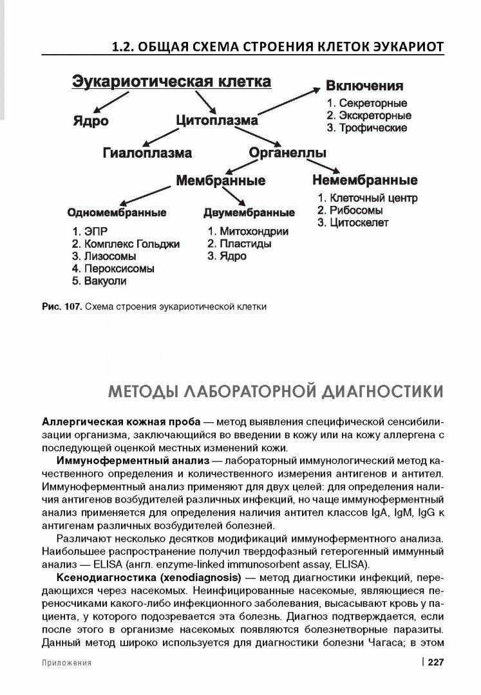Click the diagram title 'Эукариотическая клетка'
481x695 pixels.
click(x=170, y=82)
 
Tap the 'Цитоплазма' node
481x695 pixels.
click(x=217, y=121)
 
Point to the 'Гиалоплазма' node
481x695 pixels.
click(x=147, y=153)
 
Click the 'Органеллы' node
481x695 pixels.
click(x=287, y=153)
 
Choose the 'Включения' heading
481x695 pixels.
click(x=364, y=86)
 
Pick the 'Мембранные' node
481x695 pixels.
click(x=221, y=181)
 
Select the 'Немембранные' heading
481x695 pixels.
click(x=364, y=180)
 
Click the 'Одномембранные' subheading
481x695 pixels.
click(x=117, y=212)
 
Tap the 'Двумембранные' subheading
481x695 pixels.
click(x=249, y=212)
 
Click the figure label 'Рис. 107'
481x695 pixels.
click(x=61, y=306)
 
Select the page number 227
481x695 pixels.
click(x=436, y=662)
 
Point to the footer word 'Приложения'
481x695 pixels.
click(x=67, y=662)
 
